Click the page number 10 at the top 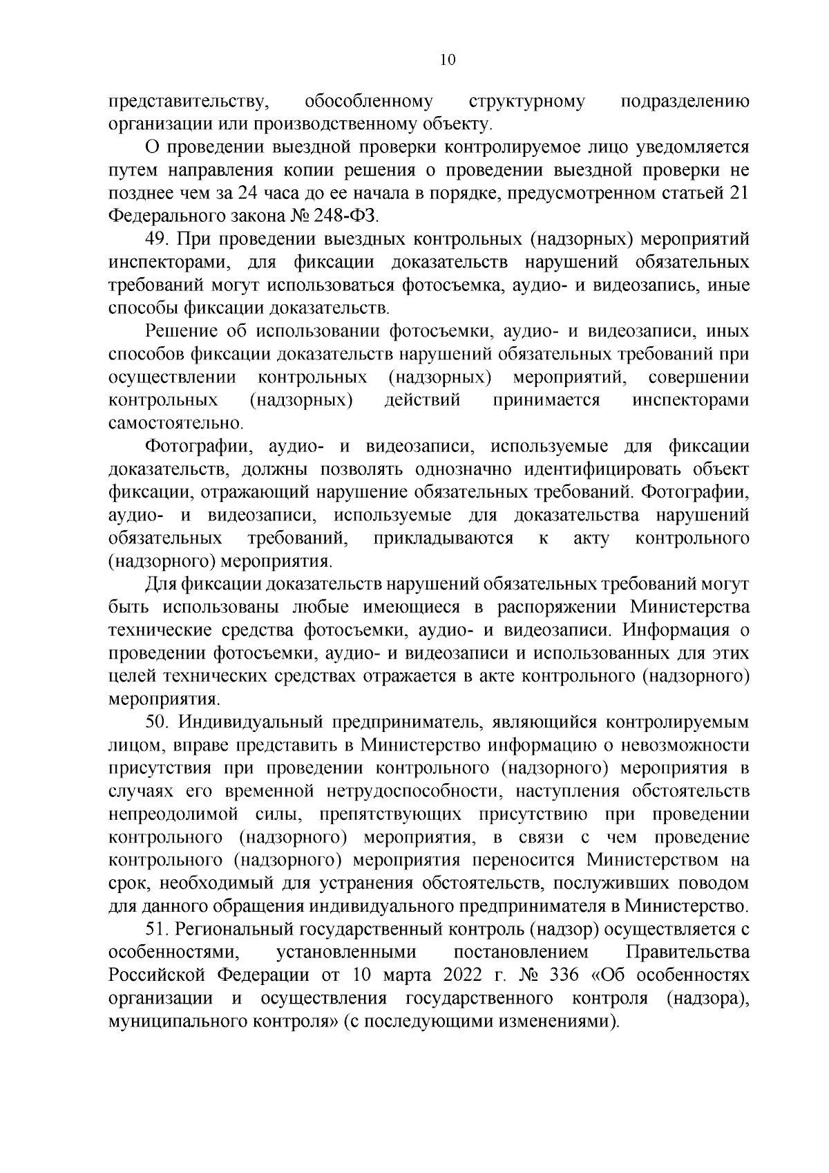[447, 60]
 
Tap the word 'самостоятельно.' [176, 423]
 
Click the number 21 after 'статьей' [739, 193]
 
